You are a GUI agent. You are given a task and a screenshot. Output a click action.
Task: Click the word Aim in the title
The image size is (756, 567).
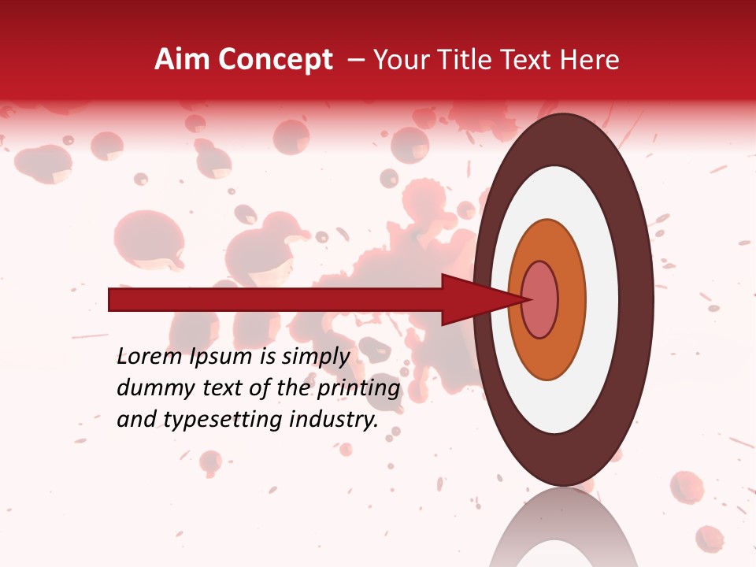click(182, 60)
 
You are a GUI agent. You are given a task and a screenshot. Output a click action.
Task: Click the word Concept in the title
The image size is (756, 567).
click(274, 60)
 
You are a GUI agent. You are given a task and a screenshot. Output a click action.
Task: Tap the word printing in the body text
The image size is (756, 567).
click(359, 389)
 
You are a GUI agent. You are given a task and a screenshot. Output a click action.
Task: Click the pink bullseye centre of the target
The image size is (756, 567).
click(540, 300)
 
